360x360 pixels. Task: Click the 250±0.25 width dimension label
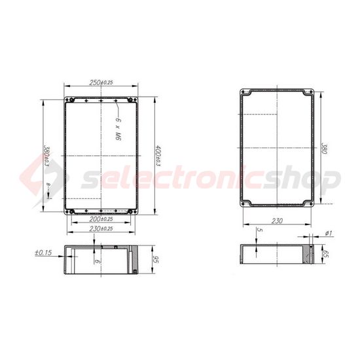(x=101, y=82)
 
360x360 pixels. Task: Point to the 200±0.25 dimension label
(x=101, y=219)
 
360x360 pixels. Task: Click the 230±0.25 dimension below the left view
(x=101, y=228)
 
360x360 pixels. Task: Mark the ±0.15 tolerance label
(x=44, y=252)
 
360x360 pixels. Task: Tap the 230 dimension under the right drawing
(x=278, y=221)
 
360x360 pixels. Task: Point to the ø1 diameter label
(x=329, y=234)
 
